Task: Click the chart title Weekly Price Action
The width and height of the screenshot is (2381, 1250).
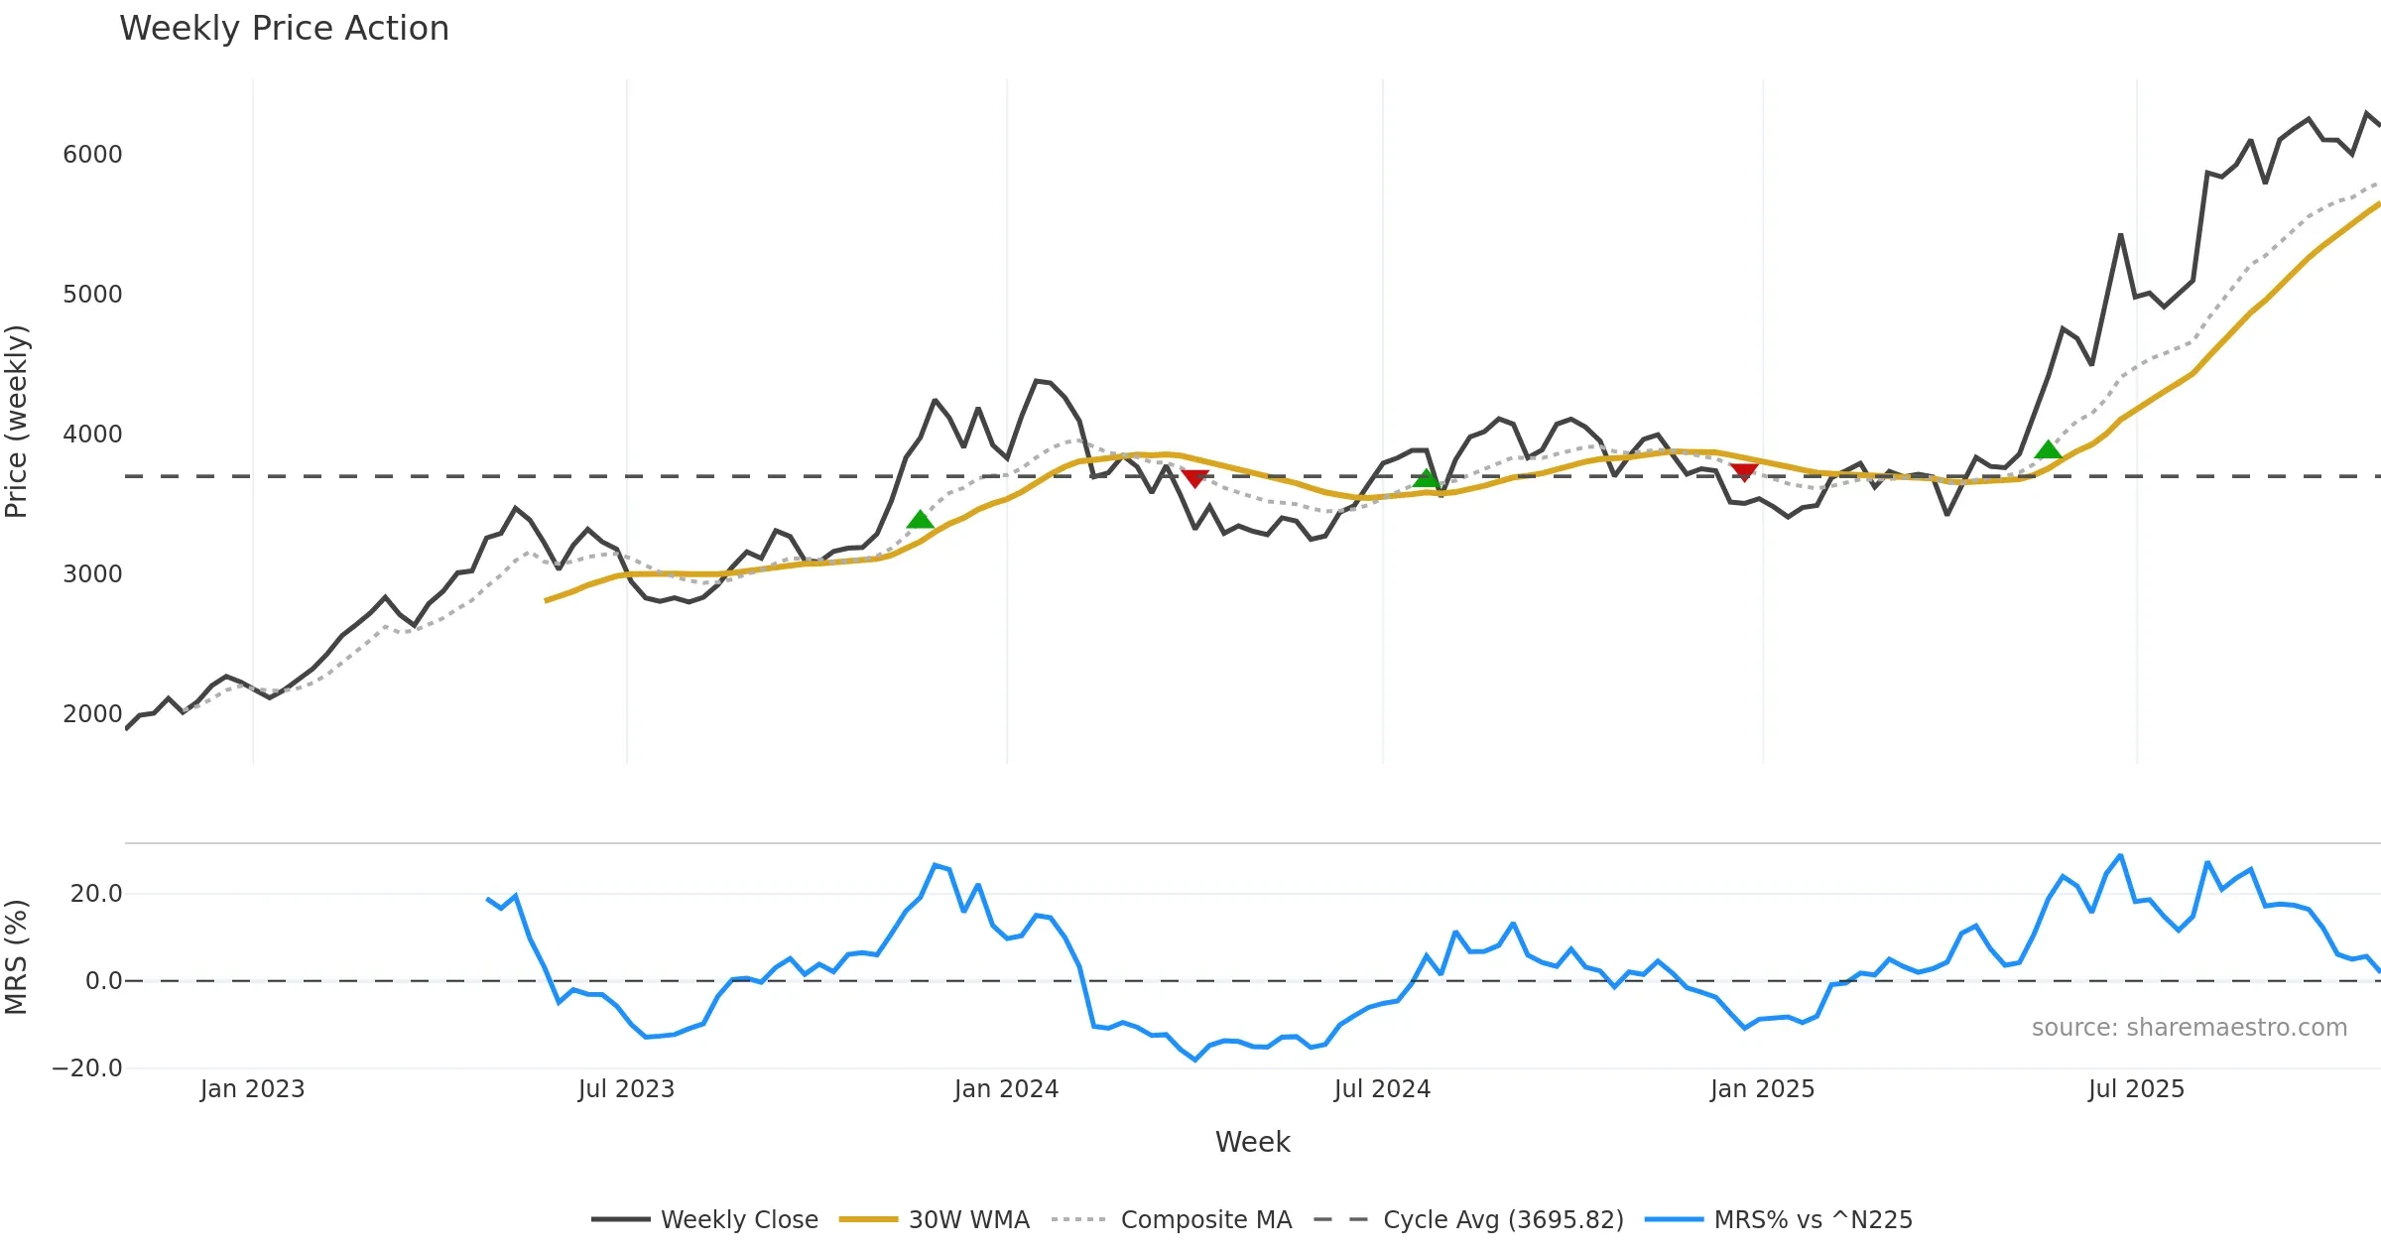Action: point(284,29)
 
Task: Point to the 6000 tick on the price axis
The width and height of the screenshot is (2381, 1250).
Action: point(92,155)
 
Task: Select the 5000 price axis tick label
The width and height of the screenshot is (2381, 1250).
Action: point(92,295)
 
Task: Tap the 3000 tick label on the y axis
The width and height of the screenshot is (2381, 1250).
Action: point(92,574)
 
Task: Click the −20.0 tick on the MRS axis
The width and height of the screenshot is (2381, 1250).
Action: point(87,1068)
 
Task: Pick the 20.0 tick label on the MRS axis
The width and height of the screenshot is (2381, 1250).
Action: point(96,894)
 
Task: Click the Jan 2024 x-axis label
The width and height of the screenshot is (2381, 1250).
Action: point(1006,1089)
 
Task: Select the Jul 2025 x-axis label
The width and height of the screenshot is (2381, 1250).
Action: point(2136,1089)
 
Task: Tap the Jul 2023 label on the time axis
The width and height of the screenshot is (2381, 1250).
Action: point(626,1089)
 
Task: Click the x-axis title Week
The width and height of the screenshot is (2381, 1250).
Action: point(1252,1143)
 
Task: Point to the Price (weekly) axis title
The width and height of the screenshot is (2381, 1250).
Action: point(17,422)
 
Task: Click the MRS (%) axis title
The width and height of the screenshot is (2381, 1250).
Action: point(17,957)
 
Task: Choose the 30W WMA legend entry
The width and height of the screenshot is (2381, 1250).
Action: point(968,1220)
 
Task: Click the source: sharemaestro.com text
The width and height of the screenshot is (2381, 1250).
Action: point(2189,1028)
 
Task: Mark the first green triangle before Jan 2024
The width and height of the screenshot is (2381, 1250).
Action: point(920,520)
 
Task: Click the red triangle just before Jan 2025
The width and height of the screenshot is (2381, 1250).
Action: point(1744,472)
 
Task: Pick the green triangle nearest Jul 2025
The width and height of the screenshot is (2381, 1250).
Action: point(2048,450)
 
